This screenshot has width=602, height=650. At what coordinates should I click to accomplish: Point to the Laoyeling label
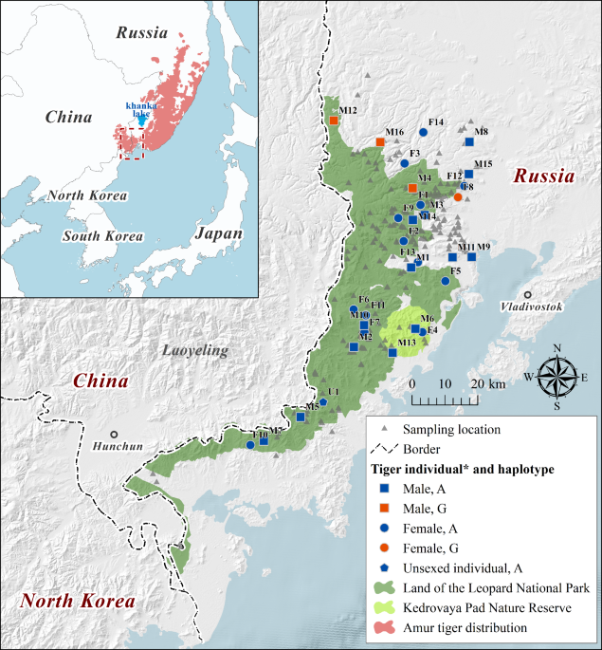pyautogui.click(x=195, y=351)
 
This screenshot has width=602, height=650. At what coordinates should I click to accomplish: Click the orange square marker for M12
pyautogui.click(x=335, y=121)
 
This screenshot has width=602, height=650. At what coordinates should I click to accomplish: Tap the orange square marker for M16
pyautogui.click(x=380, y=142)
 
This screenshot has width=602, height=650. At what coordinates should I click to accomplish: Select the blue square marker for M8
pyautogui.click(x=469, y=142)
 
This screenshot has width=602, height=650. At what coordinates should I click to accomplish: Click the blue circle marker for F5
pyautogui.click(x=446, y=281)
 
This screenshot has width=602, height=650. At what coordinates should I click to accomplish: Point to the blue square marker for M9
pyautogui.click(x=471, y=257)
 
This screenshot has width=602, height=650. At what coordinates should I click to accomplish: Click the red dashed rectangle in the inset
pyautogui.click(x=130, y=143)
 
